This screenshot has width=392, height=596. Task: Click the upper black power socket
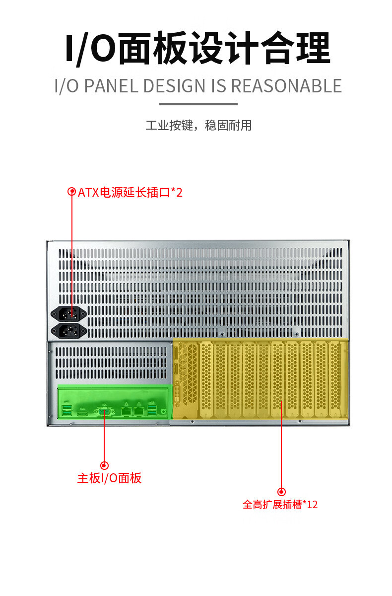(x=69, y=313)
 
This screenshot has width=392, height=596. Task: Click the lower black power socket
(x=69, y=330)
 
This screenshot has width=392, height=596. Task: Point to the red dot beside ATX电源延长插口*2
(x=72, y=192)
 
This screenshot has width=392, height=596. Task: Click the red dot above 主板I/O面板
(x=104, y=465)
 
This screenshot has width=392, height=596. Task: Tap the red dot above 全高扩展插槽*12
(x=281, y=492)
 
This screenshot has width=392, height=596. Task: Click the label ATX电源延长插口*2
(x=130, y=192)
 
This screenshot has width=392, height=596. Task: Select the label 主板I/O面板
(x=110, y=478)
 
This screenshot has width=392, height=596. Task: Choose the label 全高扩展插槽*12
(x=280, y=505)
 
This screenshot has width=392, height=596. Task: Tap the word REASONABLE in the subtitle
(x=286, y=86)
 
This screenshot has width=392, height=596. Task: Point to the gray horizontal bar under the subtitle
(x=198, y=104)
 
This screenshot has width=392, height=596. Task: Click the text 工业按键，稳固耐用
(x=198, y=125)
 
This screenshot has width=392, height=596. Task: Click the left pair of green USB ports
(x=67, y=410)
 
